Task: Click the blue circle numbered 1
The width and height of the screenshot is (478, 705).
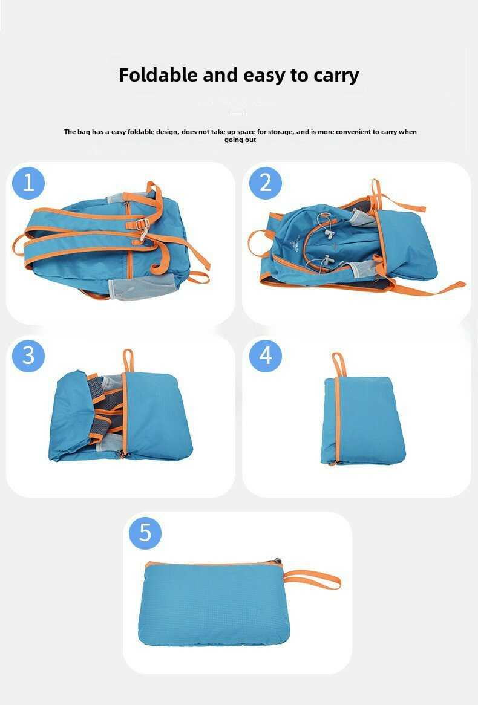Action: tap(28, 183)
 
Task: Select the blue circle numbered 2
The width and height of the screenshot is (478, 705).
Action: tap(266, 183)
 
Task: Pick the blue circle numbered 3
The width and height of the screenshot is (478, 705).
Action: tap(28, 356)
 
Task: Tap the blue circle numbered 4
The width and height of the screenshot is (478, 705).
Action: tap(266, 356)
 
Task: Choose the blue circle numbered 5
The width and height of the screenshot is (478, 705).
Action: tap(145, 533)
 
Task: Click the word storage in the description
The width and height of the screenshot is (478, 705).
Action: tap(280, 132)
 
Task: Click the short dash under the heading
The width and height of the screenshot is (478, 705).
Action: tap(237, 111)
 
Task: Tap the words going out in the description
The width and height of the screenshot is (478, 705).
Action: tap(240, 140)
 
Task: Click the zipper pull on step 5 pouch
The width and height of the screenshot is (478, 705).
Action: tap(277, 561)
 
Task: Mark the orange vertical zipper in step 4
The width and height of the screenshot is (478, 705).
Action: tap(336, 420)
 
